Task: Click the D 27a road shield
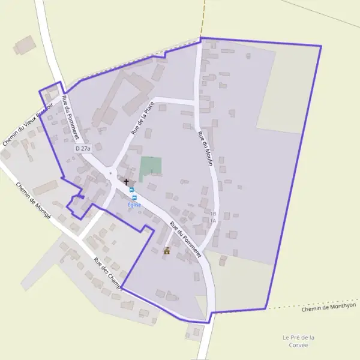[83, 148]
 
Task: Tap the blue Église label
[134, 205]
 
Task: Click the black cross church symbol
[126, 181]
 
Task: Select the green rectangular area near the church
[151, 168]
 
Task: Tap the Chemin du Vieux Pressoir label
[28, 124]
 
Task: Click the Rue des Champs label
[107, 274]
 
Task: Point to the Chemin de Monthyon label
[328, 307]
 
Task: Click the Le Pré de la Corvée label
[298, 341]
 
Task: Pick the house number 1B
[213, 214]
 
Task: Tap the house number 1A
[213, 221]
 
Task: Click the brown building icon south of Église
[167, 251]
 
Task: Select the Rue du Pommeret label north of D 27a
[70, 118]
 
